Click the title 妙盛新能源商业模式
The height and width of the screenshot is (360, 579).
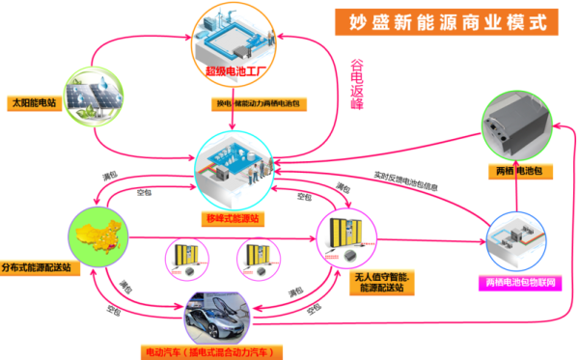(x=447, y=21)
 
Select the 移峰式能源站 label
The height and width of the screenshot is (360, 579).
(x=233, y=219)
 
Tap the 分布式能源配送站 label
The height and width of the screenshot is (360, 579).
(x=41, y=266)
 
